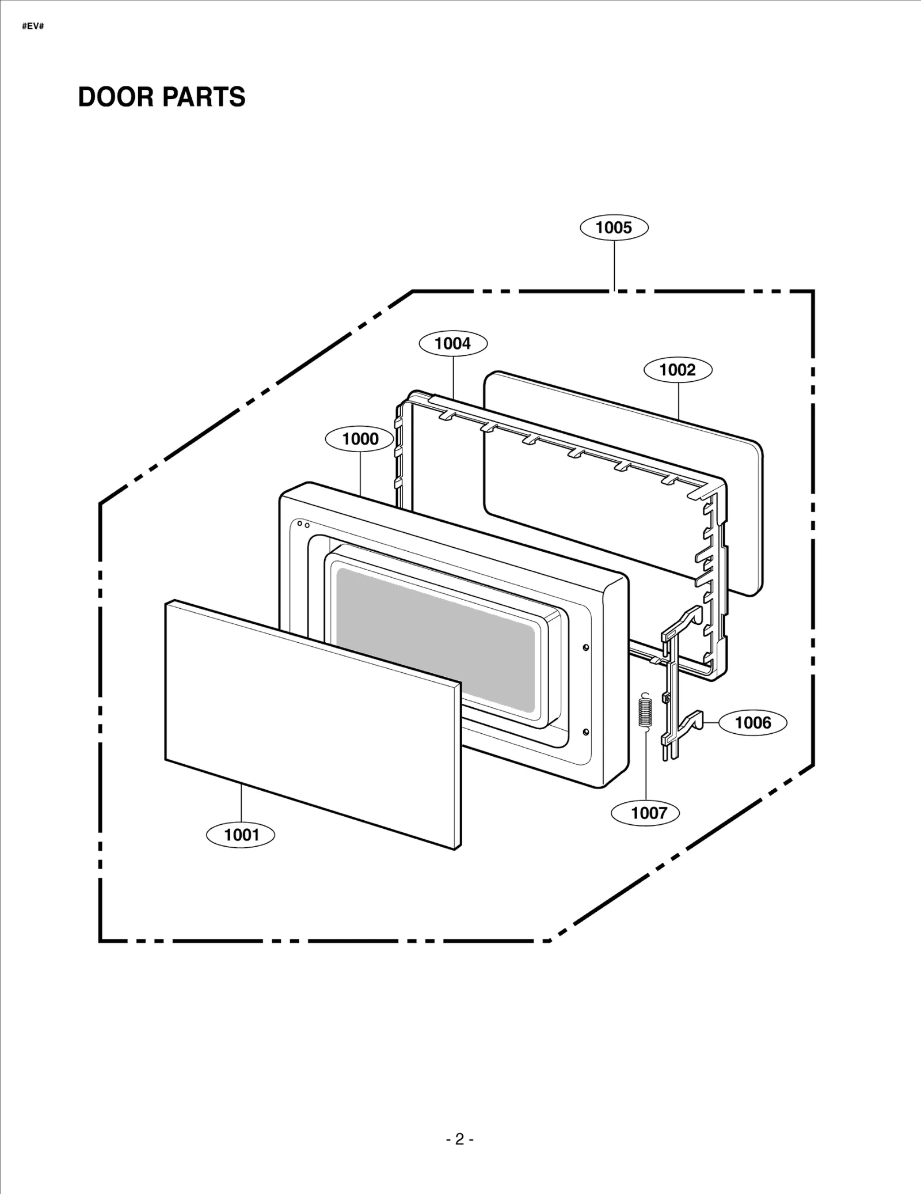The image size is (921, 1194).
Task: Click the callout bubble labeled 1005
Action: pos(614,228)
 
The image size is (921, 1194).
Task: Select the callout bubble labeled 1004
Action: pos(452,343)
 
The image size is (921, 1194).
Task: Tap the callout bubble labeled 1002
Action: pos(678,370)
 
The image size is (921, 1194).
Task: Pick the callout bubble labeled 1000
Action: pos(360,439)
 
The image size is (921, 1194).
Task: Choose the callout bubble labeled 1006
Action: pos(753,722)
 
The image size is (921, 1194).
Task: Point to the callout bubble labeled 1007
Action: pos(649,813)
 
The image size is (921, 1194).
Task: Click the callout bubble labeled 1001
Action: pos(241,835)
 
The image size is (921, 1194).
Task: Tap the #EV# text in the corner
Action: pos(33,26)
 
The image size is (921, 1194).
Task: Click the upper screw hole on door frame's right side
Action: pos(586,647)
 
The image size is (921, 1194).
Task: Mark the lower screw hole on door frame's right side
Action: pos(586,732)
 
